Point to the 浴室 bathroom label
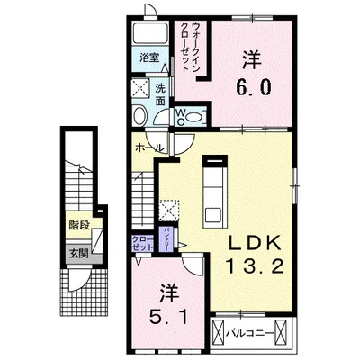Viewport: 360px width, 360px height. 149,58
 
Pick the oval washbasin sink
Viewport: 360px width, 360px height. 141,119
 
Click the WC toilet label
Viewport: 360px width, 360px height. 181,113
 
